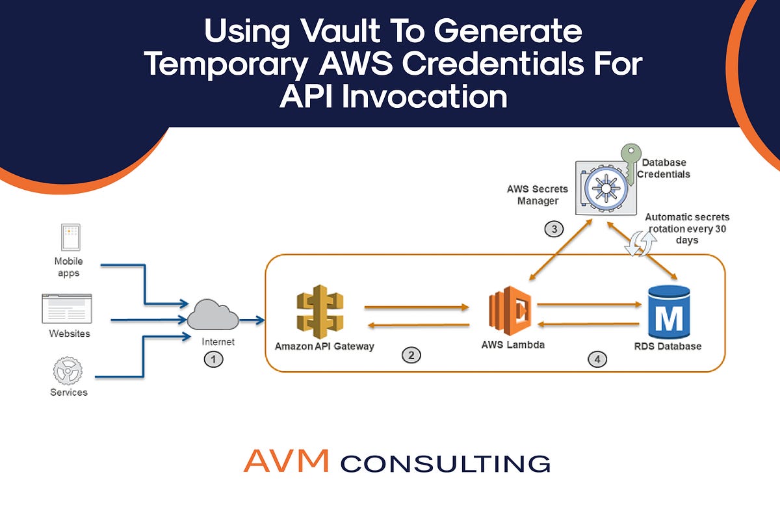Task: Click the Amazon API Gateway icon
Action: pyautogui.click(x=320, y=314)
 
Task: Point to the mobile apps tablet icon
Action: pyautogui.click(x=70, y=237)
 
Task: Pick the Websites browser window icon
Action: pyautogui.click(x=66, y=309)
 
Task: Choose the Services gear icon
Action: pyautogui.click(x=68, y=370)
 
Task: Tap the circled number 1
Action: pyautogui.click(x=213, y=357)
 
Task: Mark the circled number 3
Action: pyautogui.click(x=552, y=229)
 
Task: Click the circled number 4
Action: pyautogui.click(x=597, y=357)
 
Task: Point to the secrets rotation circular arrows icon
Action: pyautogui.click(x=639, y=244)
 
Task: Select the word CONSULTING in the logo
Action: pyautogui.click(x=445, y=463)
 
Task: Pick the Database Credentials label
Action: pyautogui.click(x=664, y=168)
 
